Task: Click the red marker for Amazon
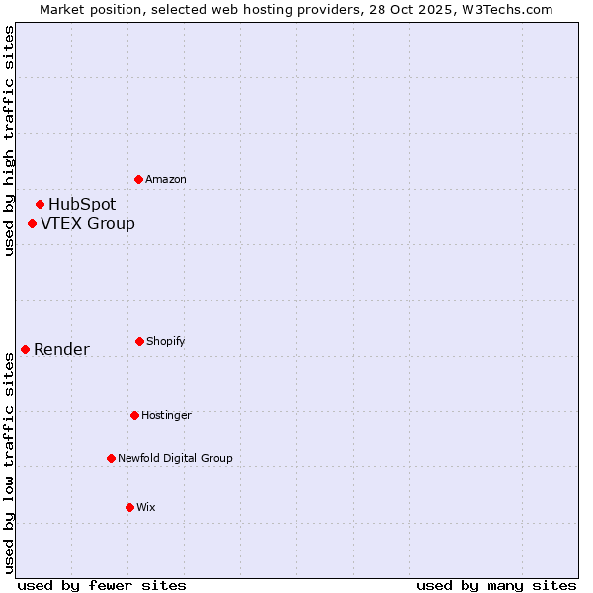click(x=139, y=179)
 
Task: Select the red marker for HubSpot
click(x=41, y=205)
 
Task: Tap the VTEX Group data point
click(x=33, y=224)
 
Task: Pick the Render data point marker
click(x=26, y=349)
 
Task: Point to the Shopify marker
click(x=139, y=341)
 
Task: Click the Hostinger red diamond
click(x=134, y=415)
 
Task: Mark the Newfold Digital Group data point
click(x=111, y=458)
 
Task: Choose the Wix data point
click(x=129, y=507)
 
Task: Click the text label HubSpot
click(x=82, y=205)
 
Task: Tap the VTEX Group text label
click(x=88, y=224)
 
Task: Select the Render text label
click(x=61, y=349)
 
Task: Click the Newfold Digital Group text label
click(x=175, y=458)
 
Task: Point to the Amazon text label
click(x=166, y=179)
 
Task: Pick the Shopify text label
click(x=166, y=341)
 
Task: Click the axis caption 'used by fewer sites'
click(x=102, y=585)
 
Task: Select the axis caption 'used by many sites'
click(x=496, y=585)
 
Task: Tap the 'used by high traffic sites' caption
click(x=9, y=140)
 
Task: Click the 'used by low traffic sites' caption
click(x=9, y=463)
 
